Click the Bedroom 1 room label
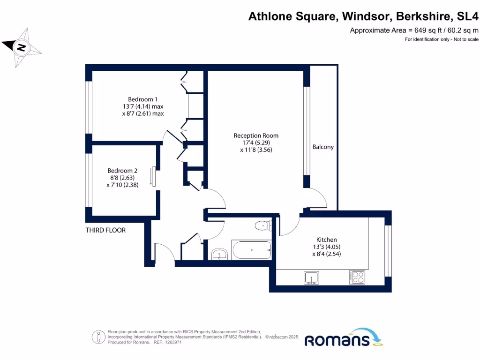pyautogui.click(x=143, y=99)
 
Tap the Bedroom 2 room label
pyautogui.click(x=122, y=171)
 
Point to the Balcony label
pyautogui.click(x=323, y=147)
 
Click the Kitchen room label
pyautogui.click(x=326, y=240)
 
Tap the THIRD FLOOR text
pyautogui.click(x=105, y=230)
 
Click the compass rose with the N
pyautogui.click(x=21, y=47)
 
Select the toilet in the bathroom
pyautogui.click(x=263, y=226)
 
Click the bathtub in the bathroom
pyautogui.click(x=251, y=250)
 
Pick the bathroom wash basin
pyautogui.click(x=219, y=254)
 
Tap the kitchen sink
pyautogui.click(x=311, y=277)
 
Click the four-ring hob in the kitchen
pyautogui.click(x=357, y=277)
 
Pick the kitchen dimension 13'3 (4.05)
pyautogui.click(x=326, y=247)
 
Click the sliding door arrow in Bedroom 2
pyautogui.click(x=151, y=176)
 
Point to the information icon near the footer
pyautogui.click(x=98, y=337)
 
